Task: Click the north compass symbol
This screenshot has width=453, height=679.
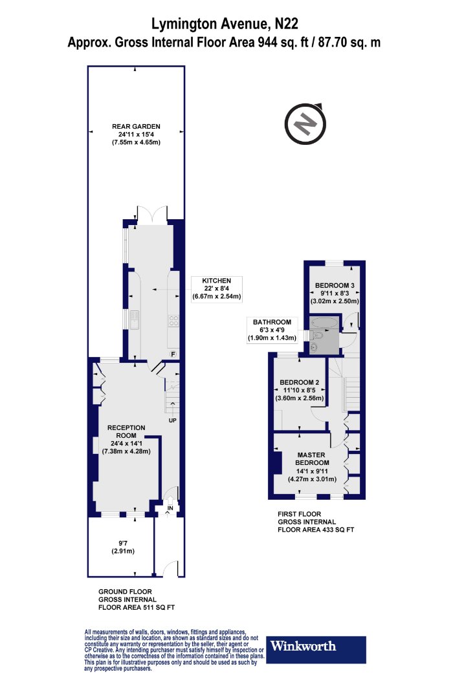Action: [305, 124]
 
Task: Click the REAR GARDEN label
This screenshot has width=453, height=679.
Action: [136, 127]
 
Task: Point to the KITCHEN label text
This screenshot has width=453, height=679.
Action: [217, 281]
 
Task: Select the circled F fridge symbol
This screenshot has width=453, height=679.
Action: [173, 354]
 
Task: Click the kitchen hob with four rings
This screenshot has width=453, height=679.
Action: [173, 321]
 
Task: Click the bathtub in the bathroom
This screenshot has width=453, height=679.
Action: [324, 322]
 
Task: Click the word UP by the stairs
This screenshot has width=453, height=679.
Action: [173, 420]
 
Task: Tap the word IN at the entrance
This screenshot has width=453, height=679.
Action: [170, 508]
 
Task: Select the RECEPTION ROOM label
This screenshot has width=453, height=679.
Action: [126, 431]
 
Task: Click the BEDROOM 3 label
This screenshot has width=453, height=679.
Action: [335, 285]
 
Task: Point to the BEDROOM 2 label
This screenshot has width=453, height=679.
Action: [300, 382]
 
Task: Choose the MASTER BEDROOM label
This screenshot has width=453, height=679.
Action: [312, 458]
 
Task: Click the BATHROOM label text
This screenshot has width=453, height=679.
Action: [272, 322]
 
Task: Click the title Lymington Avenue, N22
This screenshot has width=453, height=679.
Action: [225, 24]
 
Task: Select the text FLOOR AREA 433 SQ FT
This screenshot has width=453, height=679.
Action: [316, 530]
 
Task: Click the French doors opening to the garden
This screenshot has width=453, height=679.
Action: [151, 214]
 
